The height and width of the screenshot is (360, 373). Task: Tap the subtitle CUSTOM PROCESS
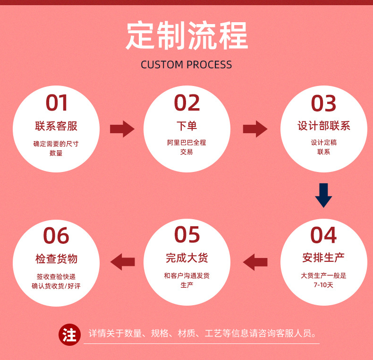(186, 65)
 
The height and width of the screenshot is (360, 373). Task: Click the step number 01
(57, 103)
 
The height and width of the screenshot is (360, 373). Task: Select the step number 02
(187, 103)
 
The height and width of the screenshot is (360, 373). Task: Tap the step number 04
(324, 235)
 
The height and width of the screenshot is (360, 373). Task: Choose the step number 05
(187, 235)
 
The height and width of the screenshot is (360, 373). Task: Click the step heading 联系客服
(56, 126)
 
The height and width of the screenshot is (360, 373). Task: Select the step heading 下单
(187, 126)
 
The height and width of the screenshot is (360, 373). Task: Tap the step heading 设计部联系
(324, 126)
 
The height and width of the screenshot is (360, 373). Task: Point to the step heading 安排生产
(324, 258)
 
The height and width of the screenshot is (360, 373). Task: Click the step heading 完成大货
(187, 258)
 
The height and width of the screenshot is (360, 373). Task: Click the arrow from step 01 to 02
(122, 129)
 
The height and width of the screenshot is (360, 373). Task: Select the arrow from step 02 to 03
(255, 129)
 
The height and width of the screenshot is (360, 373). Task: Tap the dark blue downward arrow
(324, 195)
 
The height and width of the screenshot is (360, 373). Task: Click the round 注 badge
(69, 335)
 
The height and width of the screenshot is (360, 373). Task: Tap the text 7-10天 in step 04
(323, 285)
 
